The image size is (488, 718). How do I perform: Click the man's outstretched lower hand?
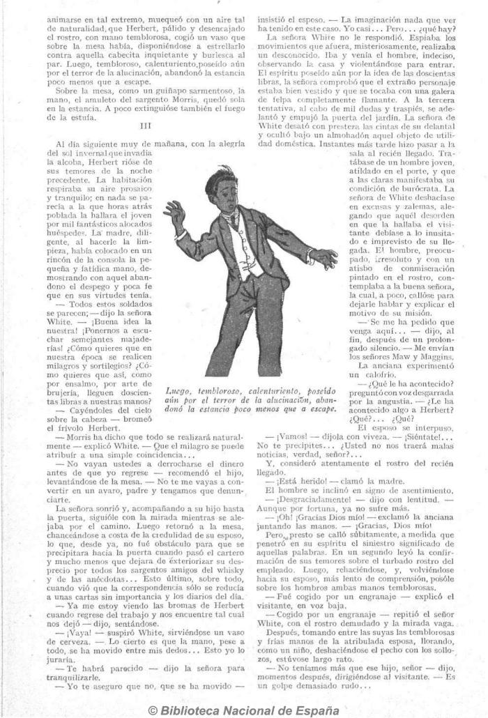[323, 259]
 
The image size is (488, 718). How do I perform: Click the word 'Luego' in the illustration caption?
[179, 392]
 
